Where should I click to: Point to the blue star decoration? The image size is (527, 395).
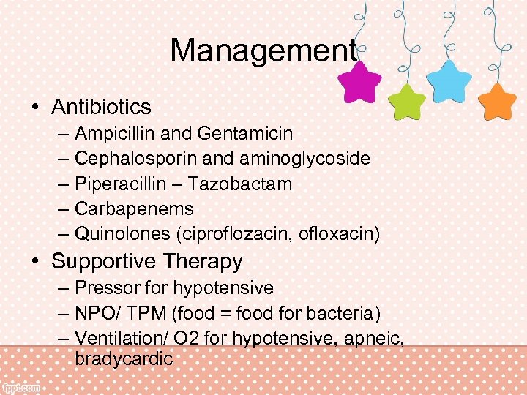click(448, 80)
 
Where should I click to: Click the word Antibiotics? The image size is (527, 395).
click(101, 107)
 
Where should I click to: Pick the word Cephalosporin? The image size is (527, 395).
click(122, 159)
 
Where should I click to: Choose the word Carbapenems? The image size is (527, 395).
click(134, 208)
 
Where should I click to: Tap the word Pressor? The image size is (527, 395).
click(104, 288)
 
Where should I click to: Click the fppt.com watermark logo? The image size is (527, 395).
click(21, 388)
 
